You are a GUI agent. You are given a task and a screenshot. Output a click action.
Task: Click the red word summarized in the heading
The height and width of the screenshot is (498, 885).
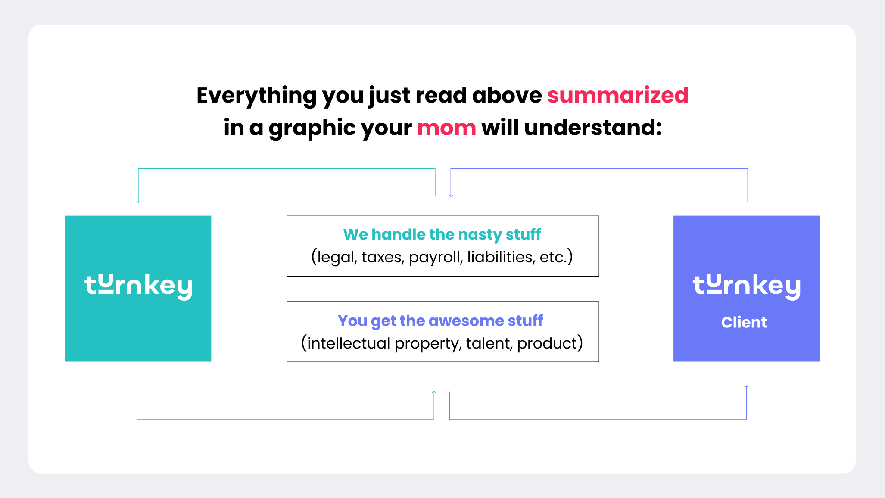coord(617,95)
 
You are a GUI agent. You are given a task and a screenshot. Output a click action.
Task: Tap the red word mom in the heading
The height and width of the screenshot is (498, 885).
coord(446,128)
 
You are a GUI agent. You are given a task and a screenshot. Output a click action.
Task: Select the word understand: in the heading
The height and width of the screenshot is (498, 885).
coord(593,128)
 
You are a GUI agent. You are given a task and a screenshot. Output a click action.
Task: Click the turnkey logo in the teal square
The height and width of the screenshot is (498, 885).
coord(138,286)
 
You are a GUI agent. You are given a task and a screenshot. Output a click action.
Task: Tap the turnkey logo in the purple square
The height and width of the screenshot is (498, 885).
coord(746,286)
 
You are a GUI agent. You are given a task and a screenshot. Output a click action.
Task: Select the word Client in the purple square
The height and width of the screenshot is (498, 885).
coord(744,322)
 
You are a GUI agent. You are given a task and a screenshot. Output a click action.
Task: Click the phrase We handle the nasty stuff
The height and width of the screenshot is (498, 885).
coord(442,235)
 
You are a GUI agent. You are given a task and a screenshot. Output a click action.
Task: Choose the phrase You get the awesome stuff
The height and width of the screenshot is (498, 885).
coord(440,321)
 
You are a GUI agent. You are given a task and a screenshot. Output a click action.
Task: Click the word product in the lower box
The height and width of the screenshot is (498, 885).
coord(547,344)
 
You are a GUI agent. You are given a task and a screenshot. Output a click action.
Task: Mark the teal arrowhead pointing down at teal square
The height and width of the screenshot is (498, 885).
coord(138,201)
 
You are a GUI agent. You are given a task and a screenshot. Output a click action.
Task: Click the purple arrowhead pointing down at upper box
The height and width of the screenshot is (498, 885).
coord(451,195)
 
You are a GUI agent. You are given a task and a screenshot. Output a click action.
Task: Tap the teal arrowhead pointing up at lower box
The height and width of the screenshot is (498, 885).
coord(434,392)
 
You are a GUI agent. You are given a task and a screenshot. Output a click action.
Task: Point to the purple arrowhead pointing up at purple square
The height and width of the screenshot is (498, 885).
coord(746,387)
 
